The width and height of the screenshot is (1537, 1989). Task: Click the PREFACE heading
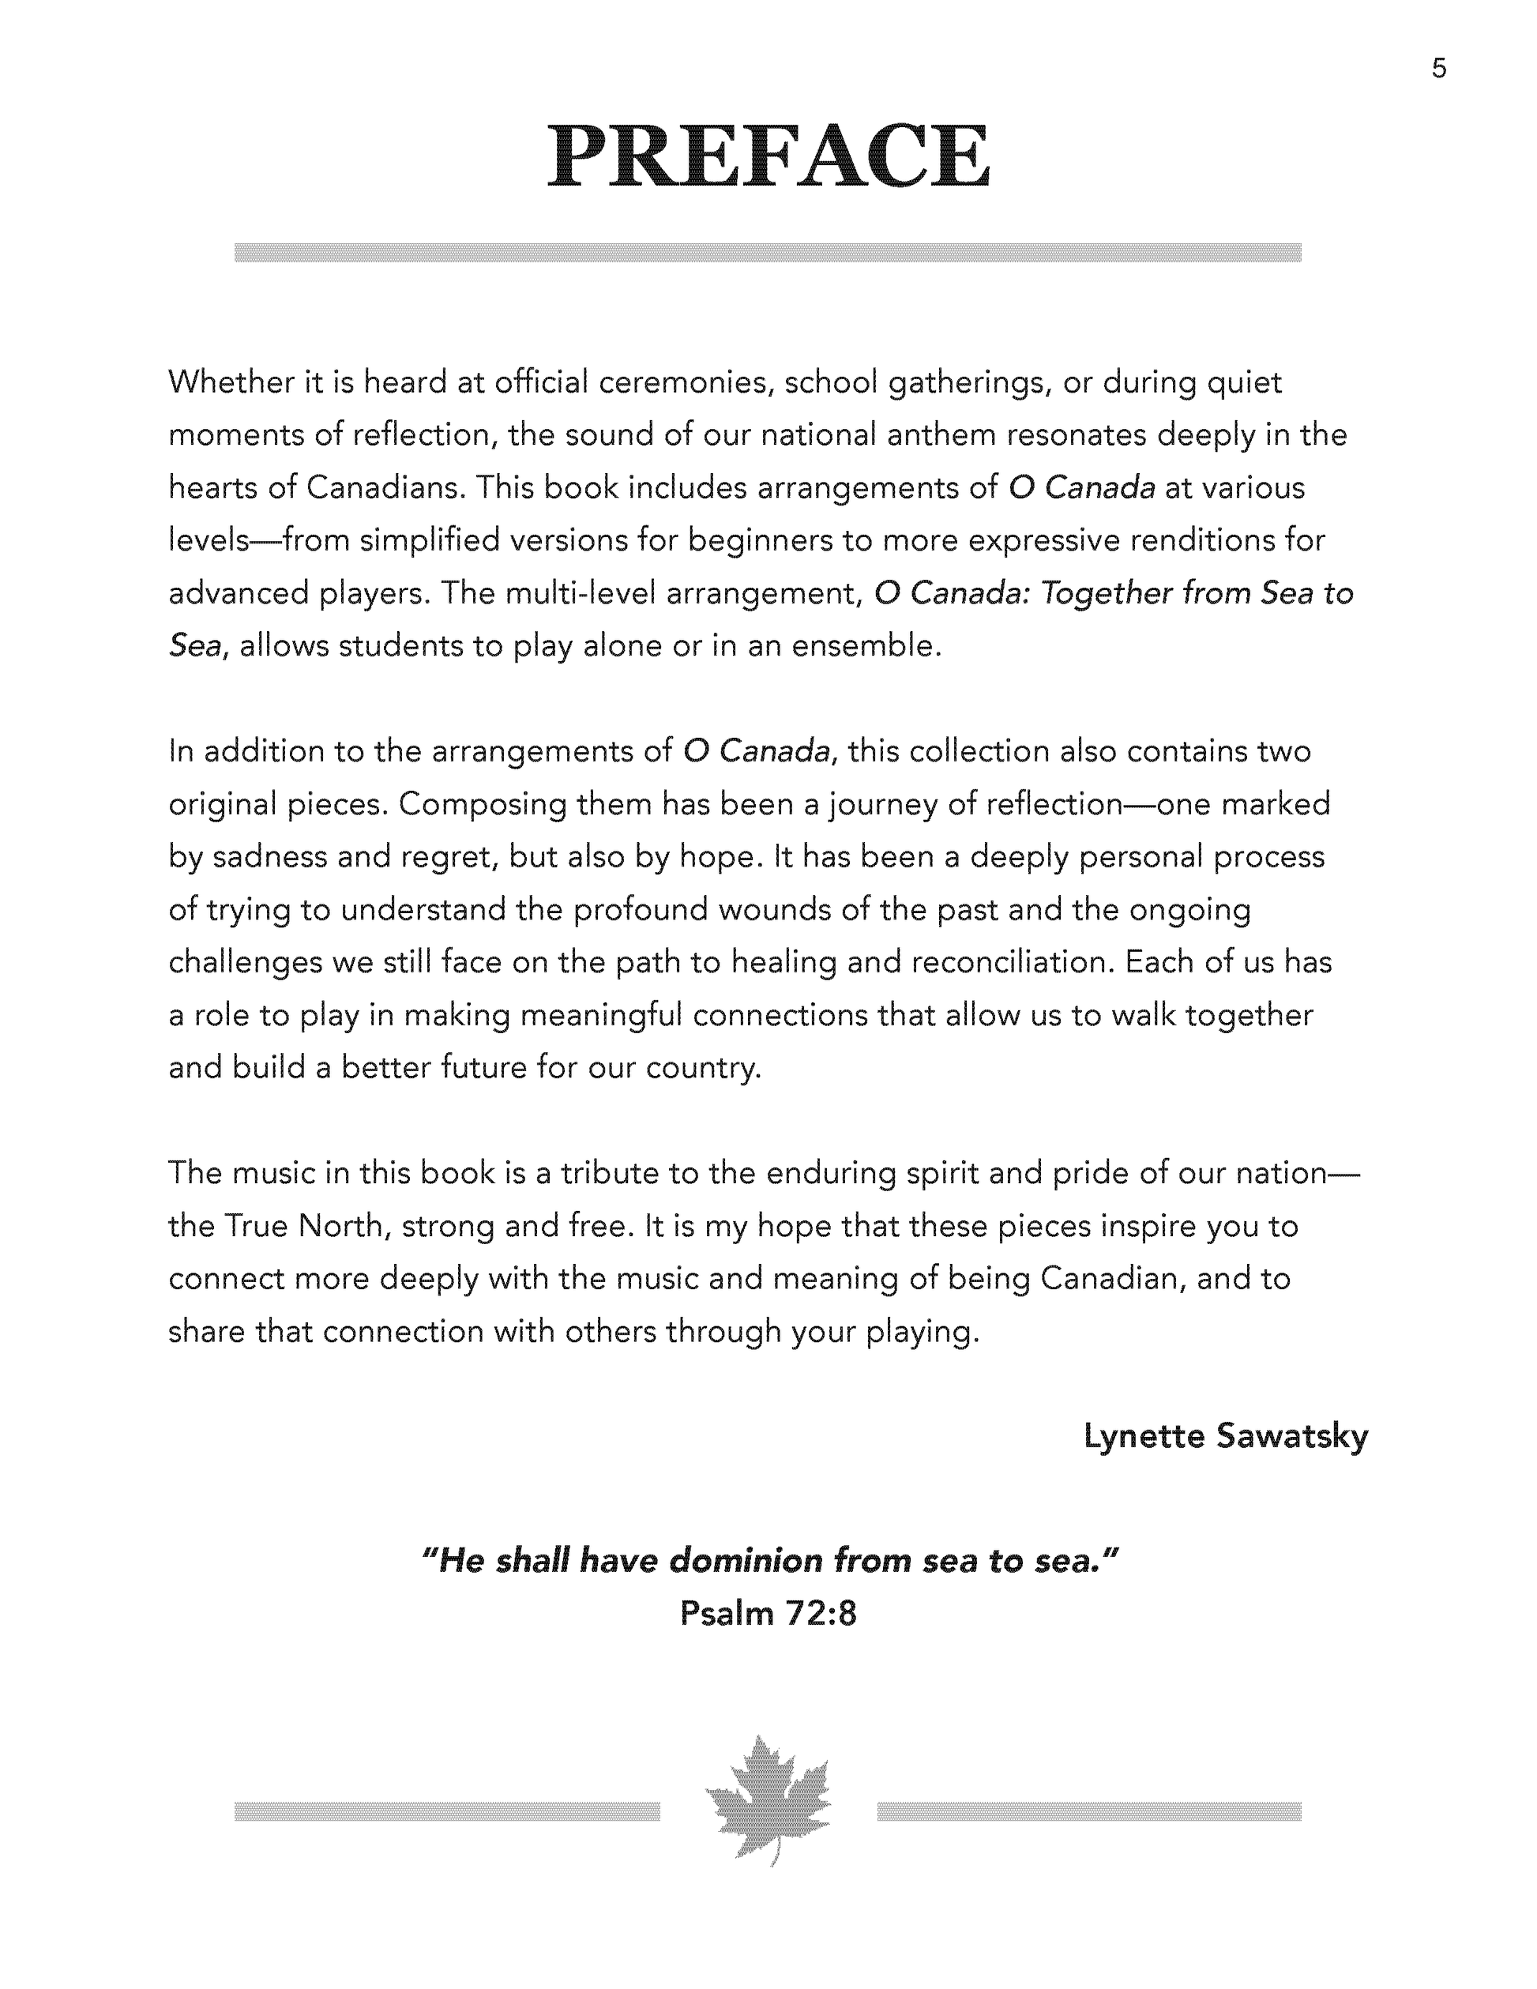[768, 156]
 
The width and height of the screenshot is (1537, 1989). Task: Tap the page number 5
[1438, 68]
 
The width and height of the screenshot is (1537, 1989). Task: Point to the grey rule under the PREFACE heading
[768, 252]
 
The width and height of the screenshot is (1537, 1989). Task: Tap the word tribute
[609, 1173]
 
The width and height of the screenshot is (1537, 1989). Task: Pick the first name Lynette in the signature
[1144, 1436]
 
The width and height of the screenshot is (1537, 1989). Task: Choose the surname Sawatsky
[1292, 1436]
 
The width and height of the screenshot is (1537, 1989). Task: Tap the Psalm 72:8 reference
[768, 1613]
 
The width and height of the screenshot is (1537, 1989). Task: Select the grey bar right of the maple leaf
[1089, 1810]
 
